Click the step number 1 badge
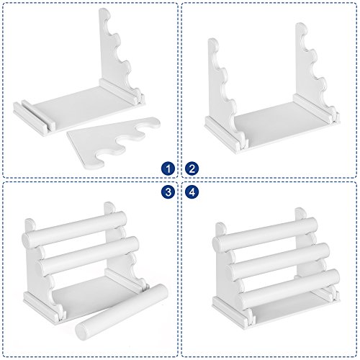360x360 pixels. (x=168, y=168)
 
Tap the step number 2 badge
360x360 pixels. (x=192, y=168)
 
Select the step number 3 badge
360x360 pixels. (x=168, y=192)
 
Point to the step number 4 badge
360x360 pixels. (x=192, y=192)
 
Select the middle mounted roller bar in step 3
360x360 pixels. (x=89, y=255)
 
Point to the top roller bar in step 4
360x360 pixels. (x=265, y=233)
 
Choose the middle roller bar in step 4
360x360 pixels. (x=279, y=261)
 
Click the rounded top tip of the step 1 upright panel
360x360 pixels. (x=105, y=13)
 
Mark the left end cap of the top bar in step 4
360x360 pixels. (x=218, y=243)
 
